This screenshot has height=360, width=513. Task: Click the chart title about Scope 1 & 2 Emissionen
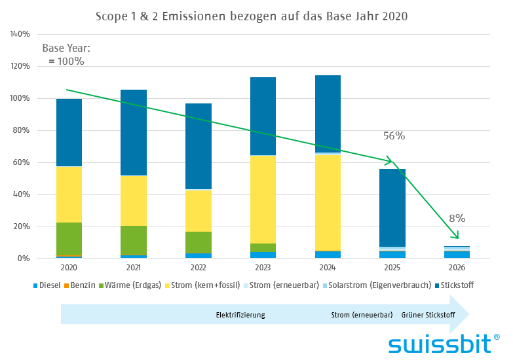coord(252,16)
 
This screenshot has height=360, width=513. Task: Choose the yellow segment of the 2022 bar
coord(198,210)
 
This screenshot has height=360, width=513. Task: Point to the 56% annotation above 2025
coord(394,136)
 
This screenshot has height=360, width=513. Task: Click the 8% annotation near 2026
coord(457,218)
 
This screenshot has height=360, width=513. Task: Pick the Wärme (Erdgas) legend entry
coord(142,285)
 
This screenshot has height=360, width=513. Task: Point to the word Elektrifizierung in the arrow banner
coord(240,315)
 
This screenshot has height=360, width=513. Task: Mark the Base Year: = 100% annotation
coord(66,54)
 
